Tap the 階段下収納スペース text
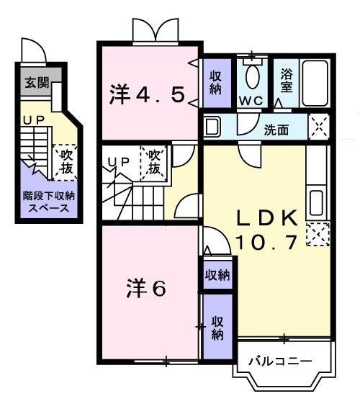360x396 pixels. pyautogui.click(x=44, y=202)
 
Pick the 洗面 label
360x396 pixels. pyautogui.click(x=276, y=130)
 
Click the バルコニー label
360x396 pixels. pyautogui.click(x=281, y=361)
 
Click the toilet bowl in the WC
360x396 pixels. pyautogui.click(x=252, y=76)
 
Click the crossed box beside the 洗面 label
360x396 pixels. pyautogui.click(x=318, y=127)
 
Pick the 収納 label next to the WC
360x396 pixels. pyautogui.click(x=216, y=81)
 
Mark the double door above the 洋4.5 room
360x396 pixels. pyautogui.click(x=154, y=30)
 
